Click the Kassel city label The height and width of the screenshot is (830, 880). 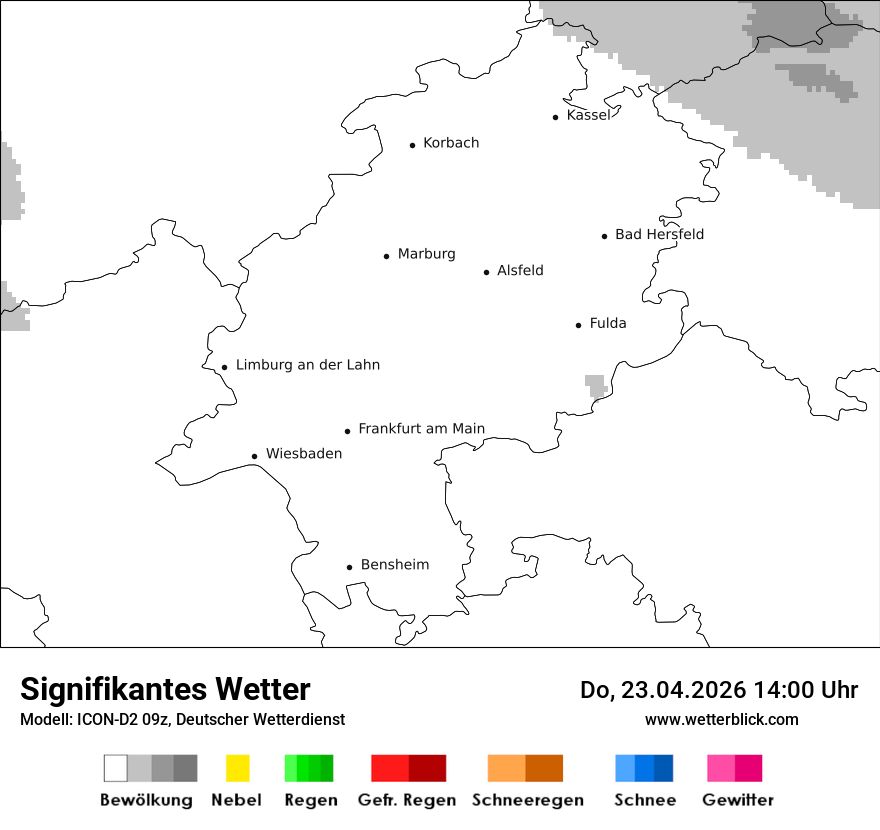(x=588, y=115)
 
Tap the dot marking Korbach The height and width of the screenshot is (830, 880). (x=412, y=145)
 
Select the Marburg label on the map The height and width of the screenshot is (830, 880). (x=426, y=254)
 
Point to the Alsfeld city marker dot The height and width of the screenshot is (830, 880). (x=487, y=272)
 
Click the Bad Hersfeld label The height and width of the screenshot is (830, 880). (x=659, y=234)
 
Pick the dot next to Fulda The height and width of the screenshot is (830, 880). (x=578, y=325)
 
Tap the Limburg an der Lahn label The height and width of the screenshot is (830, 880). (x=308, y=365)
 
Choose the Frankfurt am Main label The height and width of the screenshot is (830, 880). (x=421, y=429)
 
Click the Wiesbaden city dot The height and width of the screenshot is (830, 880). (x=254, y=456)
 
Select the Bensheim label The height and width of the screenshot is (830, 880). (x=395, y=565)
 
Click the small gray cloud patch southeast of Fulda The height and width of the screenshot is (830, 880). (x=596, y=385)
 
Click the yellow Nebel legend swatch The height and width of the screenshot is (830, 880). (x=237, y=768)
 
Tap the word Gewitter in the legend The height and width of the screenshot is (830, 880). (x=738, y=800)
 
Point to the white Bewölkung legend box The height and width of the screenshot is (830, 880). (x=115, y=768)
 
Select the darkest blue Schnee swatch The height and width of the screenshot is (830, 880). (x=664, y=768)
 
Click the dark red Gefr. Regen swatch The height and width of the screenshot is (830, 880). (x=427, y=768)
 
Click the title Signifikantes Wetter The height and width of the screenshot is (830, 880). (x=165, y=689)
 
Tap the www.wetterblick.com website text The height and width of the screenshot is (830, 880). (x=722, y=719)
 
